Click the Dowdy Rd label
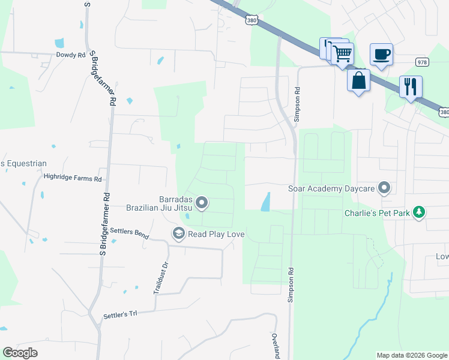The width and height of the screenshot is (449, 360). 71,55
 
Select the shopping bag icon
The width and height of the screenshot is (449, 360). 358,80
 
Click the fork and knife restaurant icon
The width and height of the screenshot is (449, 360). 411,86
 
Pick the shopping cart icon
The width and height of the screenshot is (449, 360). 342,53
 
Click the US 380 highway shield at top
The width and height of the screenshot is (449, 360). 251,20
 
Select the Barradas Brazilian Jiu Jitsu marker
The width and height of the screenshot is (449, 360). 202,203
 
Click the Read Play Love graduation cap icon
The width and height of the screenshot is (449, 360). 178,233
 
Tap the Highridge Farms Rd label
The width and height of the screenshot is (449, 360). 73,178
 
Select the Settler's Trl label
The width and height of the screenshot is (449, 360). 120,314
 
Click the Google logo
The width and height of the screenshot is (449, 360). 20,353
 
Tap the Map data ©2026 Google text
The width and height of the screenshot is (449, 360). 411,355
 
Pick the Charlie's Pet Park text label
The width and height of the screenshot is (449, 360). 377,213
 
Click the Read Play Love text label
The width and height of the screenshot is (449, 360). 216,234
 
